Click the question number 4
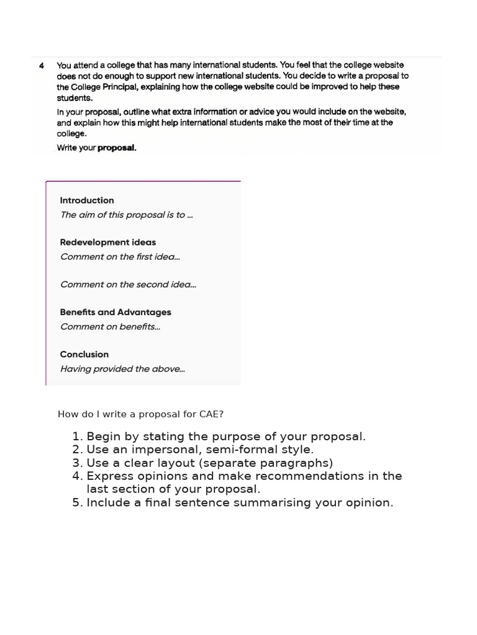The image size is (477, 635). [x=42, y=65]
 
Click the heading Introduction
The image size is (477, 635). [x=87, y=200]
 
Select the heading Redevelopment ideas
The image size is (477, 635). [x=108, y=242]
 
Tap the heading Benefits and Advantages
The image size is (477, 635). [x=116, y=313]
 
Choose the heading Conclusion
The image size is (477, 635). [x=84, y=355]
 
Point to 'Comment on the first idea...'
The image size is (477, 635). [x=121, y=257]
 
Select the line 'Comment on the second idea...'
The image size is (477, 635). [x=129, y=285]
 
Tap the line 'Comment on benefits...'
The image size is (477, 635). [x=110, y=327]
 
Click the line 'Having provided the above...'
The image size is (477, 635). [x=122, y=369]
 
